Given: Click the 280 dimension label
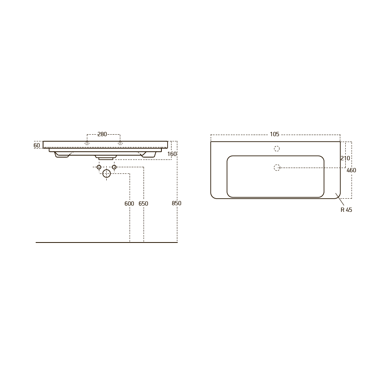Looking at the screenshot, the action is pos(102,134).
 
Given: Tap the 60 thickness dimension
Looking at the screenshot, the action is pos(36,145).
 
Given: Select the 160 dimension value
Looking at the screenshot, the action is pos(172,154).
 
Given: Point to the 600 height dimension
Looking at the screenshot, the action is pos(129,204).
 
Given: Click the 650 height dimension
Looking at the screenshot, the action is pos(143,204).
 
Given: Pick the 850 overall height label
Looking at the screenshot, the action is pos(177,203).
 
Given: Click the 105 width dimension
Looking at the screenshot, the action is pos(274,134).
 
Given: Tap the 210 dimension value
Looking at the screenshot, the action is pos(345,158).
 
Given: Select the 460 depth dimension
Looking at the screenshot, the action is pos(352,170).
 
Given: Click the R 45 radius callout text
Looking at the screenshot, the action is pos(346,210).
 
